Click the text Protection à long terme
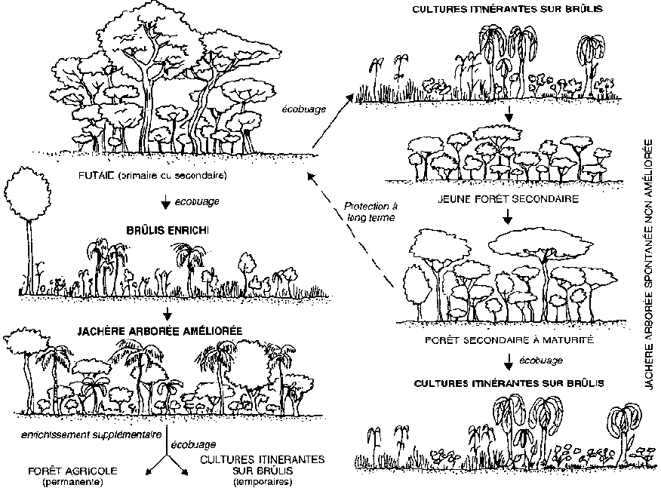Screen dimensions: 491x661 coord(369,211)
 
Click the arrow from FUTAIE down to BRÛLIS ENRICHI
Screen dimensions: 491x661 coord(165,202)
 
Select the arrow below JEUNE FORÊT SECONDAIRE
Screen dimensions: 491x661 coord(508,216)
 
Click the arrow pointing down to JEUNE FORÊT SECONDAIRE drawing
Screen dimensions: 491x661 coord(511,115)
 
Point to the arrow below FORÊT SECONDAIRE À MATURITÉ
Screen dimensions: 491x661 coord(508,361)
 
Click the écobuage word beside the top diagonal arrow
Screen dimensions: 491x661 coord(305,109)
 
